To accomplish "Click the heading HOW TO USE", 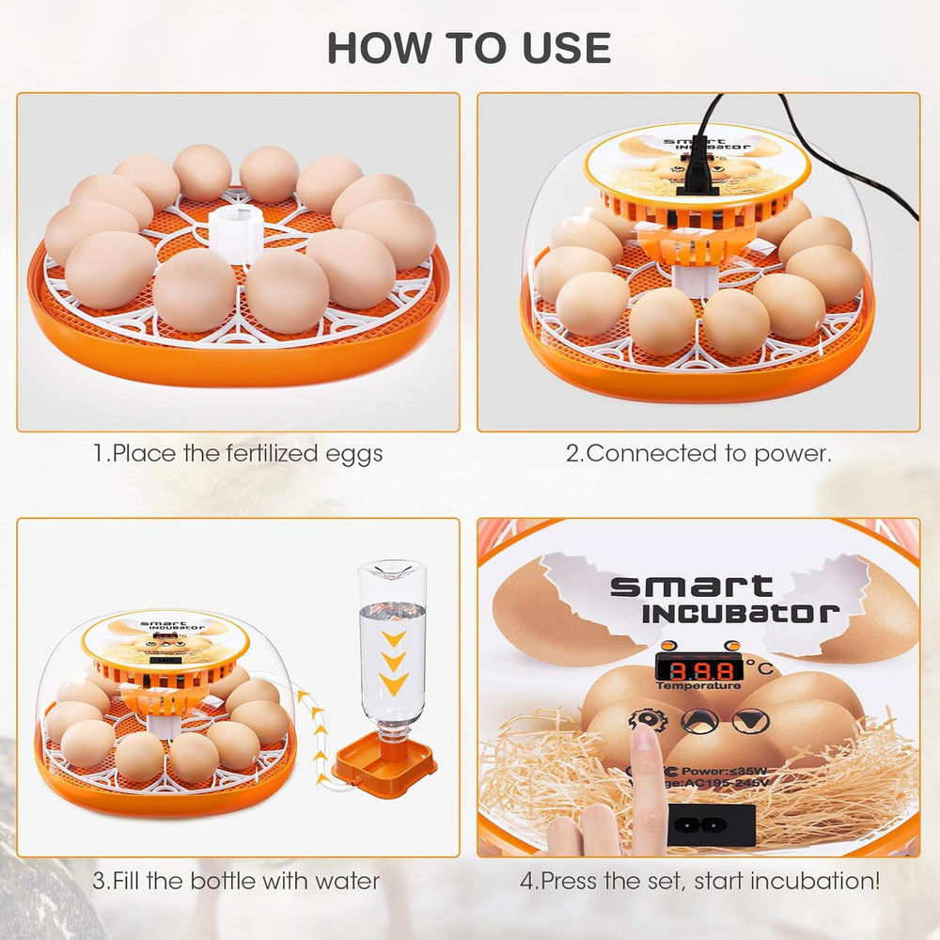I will pos(469,47).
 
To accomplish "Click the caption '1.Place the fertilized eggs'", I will pos(238,454).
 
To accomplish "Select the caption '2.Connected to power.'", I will pos(698,454).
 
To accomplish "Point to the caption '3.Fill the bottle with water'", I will pos(236,881).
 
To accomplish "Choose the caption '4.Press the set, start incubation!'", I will pos(700,881).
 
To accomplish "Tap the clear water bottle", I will pos(392,649).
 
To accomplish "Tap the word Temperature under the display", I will pos(697,686).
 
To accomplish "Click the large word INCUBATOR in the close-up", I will pos(741,613).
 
